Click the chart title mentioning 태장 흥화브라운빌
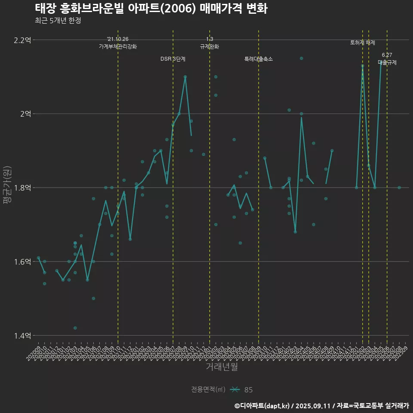click(x=151, y=9)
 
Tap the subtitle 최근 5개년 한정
click(x=58, y=20)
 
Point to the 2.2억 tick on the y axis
click(x=22, y=40)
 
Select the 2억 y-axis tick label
click(x=25, y=114)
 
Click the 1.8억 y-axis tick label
click(x=22, y=188)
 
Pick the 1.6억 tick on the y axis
click(x=22, y=262)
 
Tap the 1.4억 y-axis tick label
click(x=22, y=336)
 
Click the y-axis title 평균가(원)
click(x=7, y=185)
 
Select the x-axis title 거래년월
click(x=222, y=367)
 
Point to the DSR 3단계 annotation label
click(x=173, y=59)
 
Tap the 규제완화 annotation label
click(x=210, y=46)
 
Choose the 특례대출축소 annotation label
click(x=259, y=59)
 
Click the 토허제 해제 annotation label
click(x=363, y=43)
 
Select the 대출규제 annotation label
click(x=387, y=62)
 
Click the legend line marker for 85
click(x=234, y=390)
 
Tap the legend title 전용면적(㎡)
click(x=208, y=390)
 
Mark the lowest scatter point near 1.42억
click(x=75, y=328)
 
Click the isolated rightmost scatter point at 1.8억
click(x=399, y=188)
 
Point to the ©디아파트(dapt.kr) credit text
click(x=262, y=406)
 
